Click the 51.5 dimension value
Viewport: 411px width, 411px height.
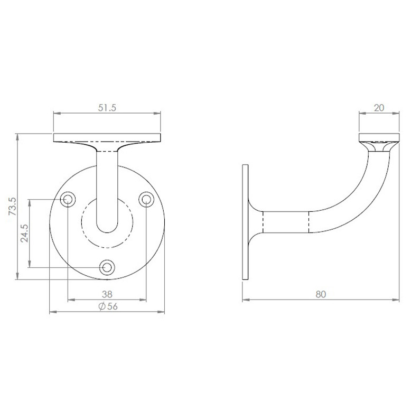tap(107, 108)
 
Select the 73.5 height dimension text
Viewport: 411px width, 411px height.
tap(12, 207)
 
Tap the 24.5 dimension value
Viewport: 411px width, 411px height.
tap(24, 233)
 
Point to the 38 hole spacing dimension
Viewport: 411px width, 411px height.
tap(107, 294)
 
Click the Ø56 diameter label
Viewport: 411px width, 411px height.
tap(107, 307)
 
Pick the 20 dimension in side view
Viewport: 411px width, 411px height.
tap(379, 107)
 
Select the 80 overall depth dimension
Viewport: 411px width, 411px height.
tap(320, 295)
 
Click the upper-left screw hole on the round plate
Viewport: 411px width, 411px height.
tap(68, 199)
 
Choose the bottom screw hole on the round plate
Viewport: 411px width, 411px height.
tap(107, 267)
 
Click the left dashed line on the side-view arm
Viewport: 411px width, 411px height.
tap(263, 222)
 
